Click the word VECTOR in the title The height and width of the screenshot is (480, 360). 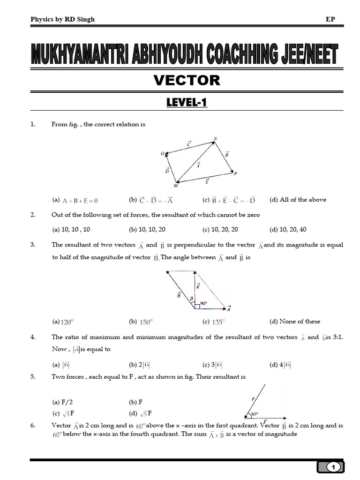[x=187, y=81]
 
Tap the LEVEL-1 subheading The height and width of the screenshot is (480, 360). [x=187, y=102]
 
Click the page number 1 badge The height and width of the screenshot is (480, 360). [x=333, y=467]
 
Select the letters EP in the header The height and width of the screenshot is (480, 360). [x=330, y=19]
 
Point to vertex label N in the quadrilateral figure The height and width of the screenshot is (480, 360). [x=215, y=138]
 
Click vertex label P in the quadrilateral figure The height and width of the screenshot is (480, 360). [x=235, y=174]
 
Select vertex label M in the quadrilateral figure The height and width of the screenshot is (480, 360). [x=175, y=186]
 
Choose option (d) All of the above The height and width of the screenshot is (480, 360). [x=298, y=200]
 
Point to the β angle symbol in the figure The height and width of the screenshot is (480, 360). [x=191, y=298]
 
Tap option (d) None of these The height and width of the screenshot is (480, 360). [x=294, y=322]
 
